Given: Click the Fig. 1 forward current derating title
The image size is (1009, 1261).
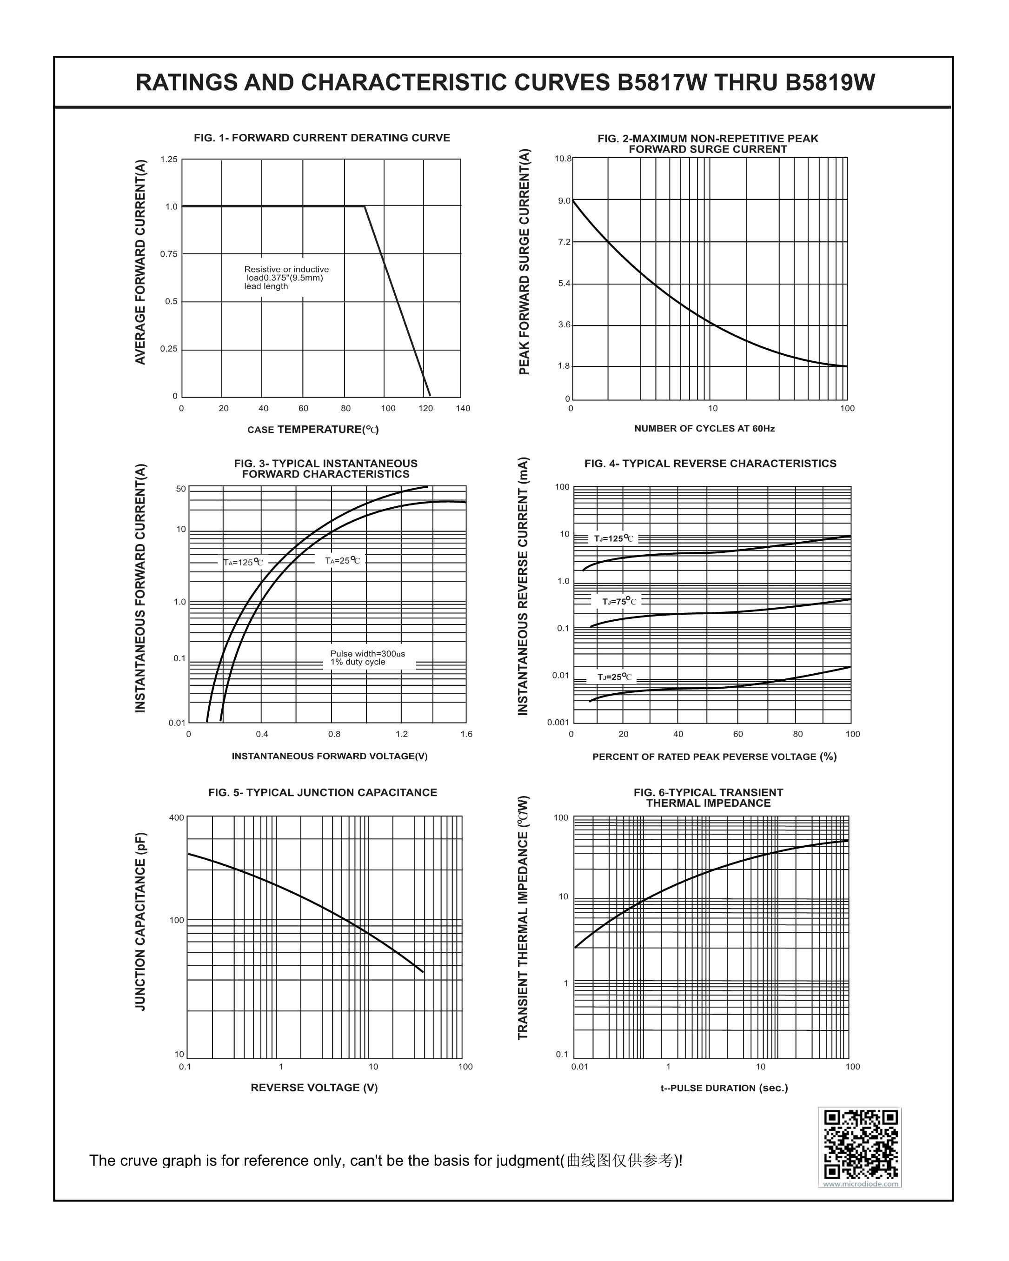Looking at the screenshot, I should (x=322, y=138).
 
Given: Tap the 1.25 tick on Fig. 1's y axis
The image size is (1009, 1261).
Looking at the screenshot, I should (x=169, y=159).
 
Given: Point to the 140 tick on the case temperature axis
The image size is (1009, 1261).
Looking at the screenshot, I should (x=463, y=408).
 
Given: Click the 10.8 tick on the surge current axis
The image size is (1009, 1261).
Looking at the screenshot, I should (x=563, y=159).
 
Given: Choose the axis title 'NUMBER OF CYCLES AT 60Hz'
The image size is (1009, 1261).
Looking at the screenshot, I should (x=704, y=429).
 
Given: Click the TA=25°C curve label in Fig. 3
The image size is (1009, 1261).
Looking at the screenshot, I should (x=343, y=561).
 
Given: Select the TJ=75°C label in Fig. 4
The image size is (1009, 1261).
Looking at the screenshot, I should (x=619, y=601).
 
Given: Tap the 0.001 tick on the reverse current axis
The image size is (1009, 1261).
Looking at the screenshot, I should (x=558, y=722).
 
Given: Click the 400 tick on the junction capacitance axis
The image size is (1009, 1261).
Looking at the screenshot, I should (x=177, y=818).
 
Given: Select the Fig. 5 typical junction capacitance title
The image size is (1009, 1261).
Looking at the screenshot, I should (x=322, y=792).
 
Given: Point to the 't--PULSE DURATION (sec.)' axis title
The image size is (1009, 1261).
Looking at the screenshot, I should (x=724, y=1088).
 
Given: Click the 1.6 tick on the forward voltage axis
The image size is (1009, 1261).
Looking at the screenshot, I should (x=466, y=734).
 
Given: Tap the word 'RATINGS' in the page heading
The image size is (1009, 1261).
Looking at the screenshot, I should (x=186, y=82).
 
